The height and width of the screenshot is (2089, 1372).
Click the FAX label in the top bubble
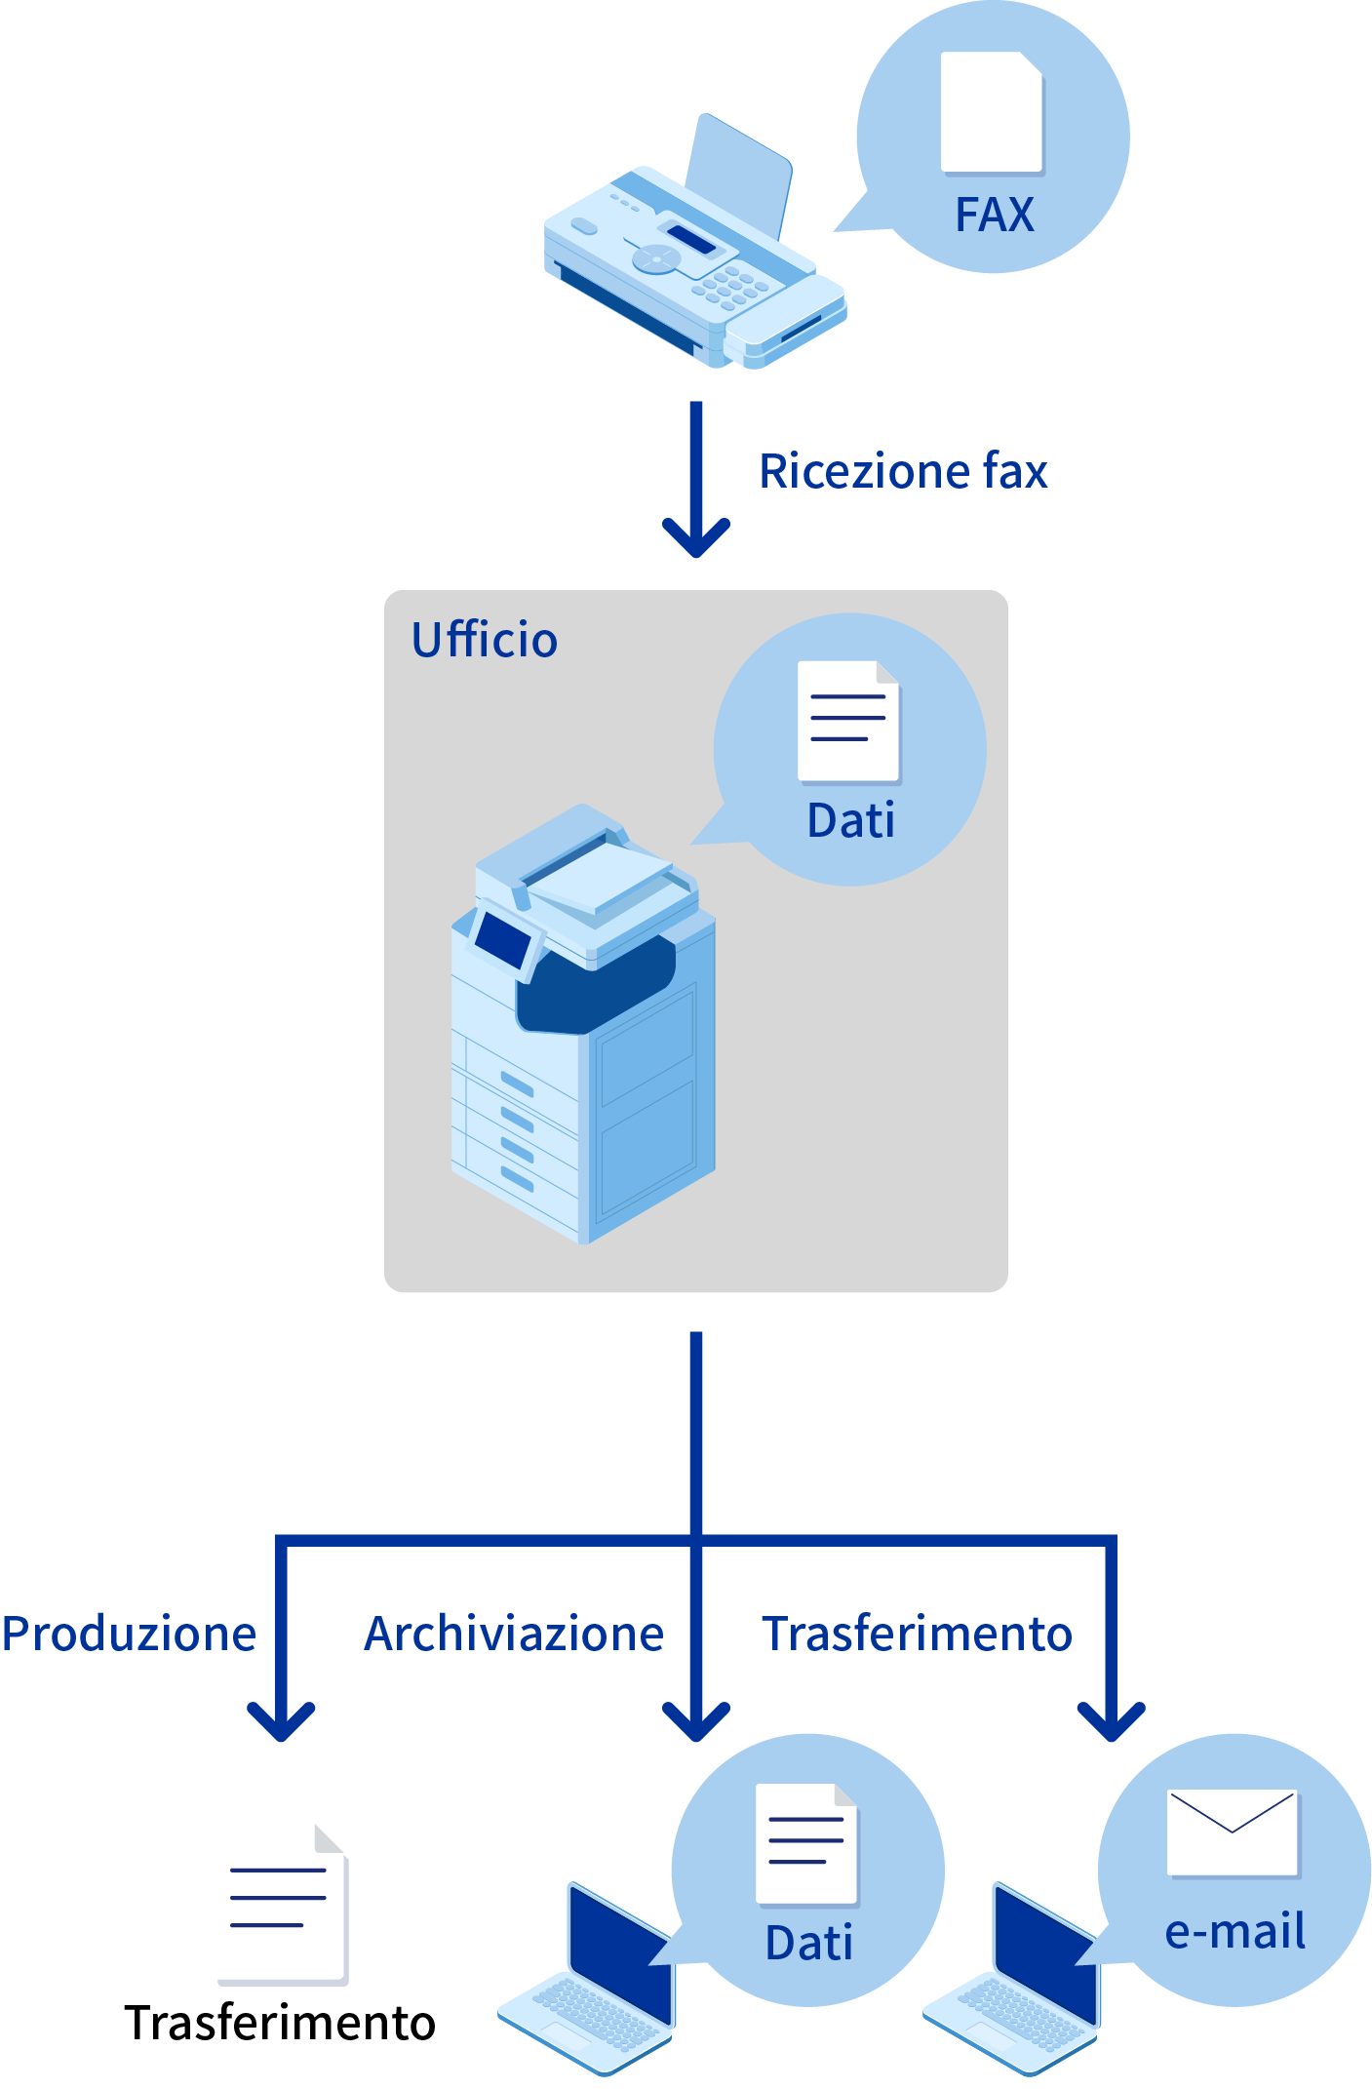pyautogui.click(x=994, y=215)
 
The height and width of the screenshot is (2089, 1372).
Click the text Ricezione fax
pyautogui.click(x=903, y=471)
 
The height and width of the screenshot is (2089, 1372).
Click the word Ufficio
pyautogui.click(x=485, y=641)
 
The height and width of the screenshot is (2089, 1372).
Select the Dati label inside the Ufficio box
pyautogui.click(x=850, y=820)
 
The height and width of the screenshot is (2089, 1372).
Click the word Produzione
pyautogui.click(x=129, y=1634)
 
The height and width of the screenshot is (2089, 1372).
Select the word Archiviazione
pyautogui.click(x=514, y=1634)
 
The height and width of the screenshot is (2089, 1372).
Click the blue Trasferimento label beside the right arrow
pyautogui.click(x=917, y=1634)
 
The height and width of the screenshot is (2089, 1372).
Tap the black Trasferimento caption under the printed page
pyautogui.click(x=280, y=2023)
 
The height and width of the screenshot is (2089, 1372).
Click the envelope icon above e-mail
pyautogui.click(x=1233, y=1833)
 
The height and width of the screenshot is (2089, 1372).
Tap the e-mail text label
pyautogui.click(x=1235, y=1931)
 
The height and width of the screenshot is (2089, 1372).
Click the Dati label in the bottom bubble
pyautogui.click(x=808, y=1943)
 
